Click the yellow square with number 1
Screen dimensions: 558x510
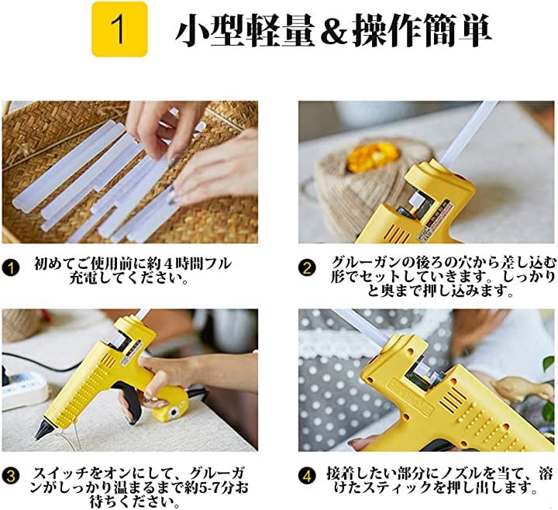tap(119, 29)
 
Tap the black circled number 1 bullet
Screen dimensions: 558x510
tap(12, 267)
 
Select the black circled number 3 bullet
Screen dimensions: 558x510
tap(12, 476)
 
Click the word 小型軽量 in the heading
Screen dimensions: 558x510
tap(245, 30)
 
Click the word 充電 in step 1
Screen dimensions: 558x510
tap(83, 278)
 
